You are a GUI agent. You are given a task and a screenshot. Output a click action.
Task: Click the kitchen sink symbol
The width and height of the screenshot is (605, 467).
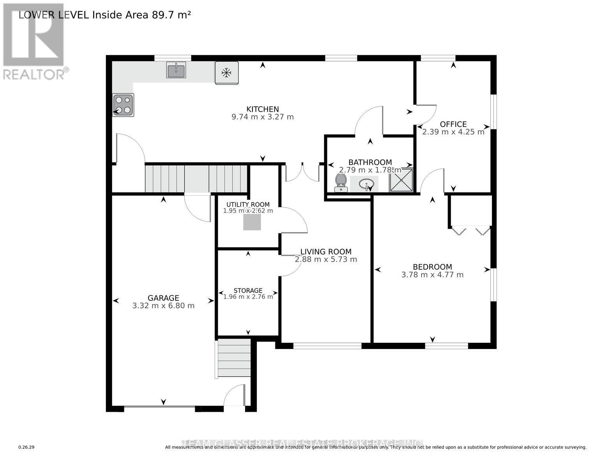point(176,70)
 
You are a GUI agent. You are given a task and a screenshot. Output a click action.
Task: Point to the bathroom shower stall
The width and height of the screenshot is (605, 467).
point(401,180)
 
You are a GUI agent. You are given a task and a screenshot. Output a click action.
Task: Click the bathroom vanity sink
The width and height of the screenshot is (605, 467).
point(366,183)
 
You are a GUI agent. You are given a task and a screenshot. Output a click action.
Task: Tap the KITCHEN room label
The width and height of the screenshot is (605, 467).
point(263,109)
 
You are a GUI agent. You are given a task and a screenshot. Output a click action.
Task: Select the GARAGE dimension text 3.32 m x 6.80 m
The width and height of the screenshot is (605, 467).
point(163,306)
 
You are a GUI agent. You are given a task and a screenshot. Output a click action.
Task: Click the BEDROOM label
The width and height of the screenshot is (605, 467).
point(432,267)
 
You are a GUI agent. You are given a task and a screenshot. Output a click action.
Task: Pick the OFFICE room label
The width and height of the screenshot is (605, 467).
point(453,124)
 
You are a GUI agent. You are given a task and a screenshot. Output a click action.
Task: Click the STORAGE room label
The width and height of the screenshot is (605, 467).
point(248,291)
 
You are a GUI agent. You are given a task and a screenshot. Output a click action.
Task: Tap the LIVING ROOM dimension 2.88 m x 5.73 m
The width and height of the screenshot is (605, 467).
point(326,260)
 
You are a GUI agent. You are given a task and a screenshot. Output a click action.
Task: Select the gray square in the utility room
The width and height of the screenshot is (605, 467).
point(252,222)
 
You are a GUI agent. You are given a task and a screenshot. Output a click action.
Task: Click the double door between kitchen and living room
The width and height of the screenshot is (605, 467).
point(303,173)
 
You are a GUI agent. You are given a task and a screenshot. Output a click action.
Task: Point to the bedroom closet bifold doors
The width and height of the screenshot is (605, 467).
point(471,230)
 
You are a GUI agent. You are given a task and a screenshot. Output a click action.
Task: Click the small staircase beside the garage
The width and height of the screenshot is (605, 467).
point(234,358)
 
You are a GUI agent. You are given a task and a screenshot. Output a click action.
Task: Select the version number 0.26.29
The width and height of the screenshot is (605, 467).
point(26,448)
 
